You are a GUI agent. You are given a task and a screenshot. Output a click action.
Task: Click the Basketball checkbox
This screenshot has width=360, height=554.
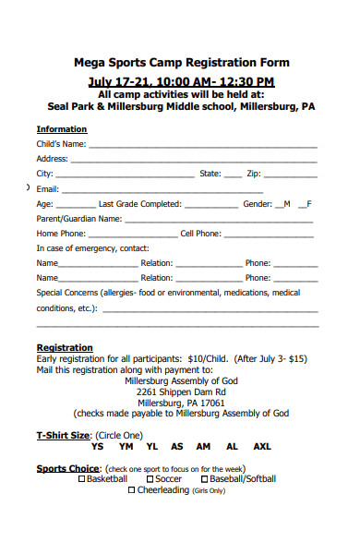pos(82,479)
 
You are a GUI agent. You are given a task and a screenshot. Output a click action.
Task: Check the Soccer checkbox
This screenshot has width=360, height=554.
pos(150,479)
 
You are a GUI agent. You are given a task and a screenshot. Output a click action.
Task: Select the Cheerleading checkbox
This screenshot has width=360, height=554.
pos(132,490)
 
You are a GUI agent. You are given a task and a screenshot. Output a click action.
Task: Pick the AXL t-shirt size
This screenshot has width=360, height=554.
pos(262,446)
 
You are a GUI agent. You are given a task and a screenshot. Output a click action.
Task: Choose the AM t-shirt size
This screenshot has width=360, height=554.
pos(204,446)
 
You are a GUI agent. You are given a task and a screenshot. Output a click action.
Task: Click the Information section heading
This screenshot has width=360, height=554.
pos(62,129)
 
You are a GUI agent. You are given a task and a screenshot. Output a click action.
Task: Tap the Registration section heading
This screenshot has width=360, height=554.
pos(64,347)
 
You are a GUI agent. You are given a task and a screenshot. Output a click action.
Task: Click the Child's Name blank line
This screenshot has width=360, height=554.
pos(203,145)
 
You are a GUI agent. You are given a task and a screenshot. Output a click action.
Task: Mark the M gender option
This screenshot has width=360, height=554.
pos(282,204)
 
